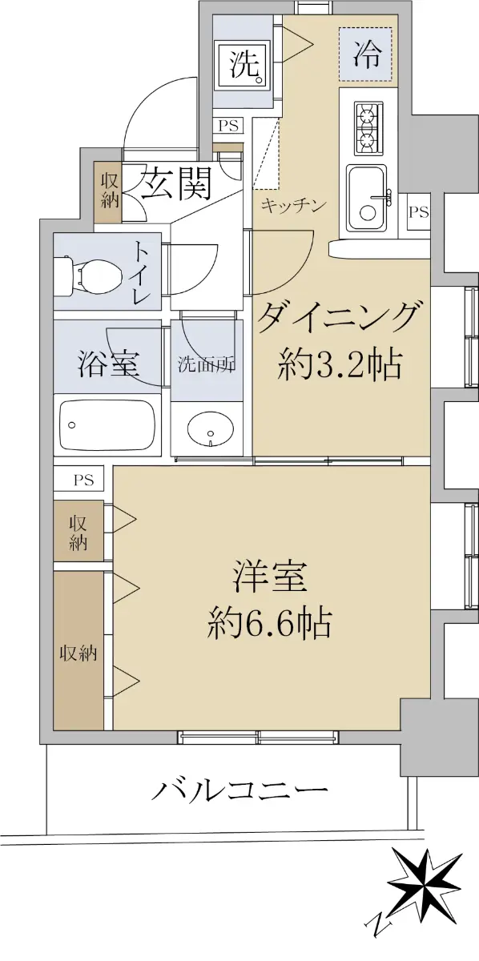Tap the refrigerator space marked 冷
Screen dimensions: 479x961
365,54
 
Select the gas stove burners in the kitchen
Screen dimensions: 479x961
368,129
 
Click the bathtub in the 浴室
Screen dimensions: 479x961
107,424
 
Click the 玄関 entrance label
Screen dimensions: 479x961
176,183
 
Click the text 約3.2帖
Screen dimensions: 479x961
340,365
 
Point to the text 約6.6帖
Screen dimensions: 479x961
269,623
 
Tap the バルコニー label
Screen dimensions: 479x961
239,789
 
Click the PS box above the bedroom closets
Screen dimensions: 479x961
83,480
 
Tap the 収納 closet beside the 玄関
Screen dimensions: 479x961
108,191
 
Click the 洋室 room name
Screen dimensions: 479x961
270,577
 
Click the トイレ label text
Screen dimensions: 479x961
141,273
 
